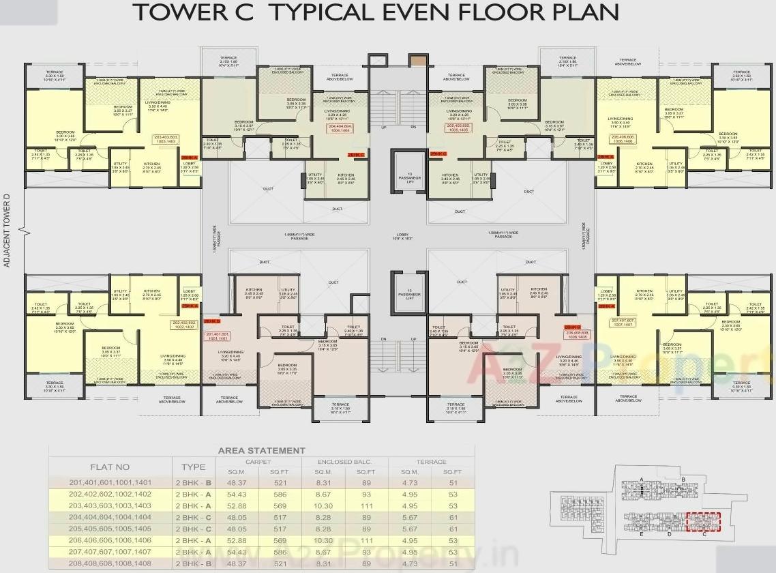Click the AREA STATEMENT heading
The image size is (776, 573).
(x=261, y=451)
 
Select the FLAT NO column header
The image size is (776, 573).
(x=110, y=467)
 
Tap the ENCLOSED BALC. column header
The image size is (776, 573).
(x=344, y=462)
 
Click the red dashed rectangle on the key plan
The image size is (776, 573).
(x=703, y=522)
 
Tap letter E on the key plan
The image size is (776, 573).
(x=642, y=534)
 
